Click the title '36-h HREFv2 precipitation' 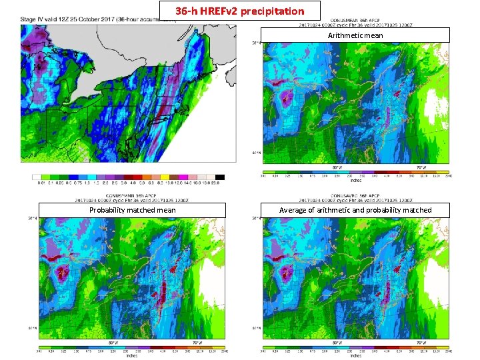(x=240, y=11)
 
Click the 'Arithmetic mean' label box (x=355, y=35)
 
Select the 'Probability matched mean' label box (x=133, y=211)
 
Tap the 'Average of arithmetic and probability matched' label (x=355, y=211)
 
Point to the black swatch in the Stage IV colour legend (x=220, y=177)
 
